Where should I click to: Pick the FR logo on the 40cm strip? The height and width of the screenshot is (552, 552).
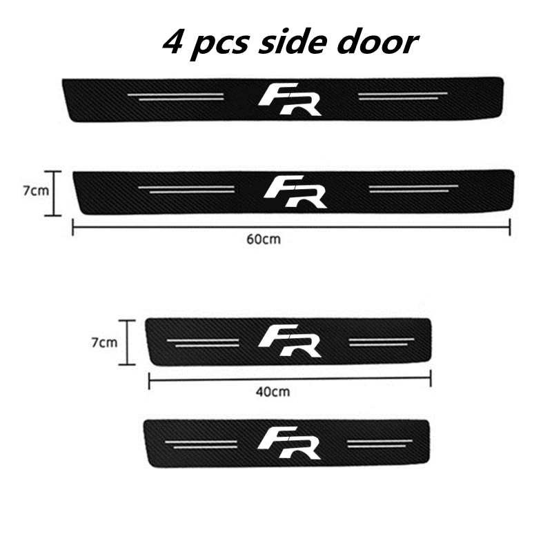[290, 340]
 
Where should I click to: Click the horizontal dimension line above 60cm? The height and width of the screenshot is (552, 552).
[290, 226]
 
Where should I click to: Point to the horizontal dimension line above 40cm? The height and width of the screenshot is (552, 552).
[290, 377]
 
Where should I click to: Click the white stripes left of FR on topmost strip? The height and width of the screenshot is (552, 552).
[179, 97]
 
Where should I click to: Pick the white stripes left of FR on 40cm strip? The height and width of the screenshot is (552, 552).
[204, 342]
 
